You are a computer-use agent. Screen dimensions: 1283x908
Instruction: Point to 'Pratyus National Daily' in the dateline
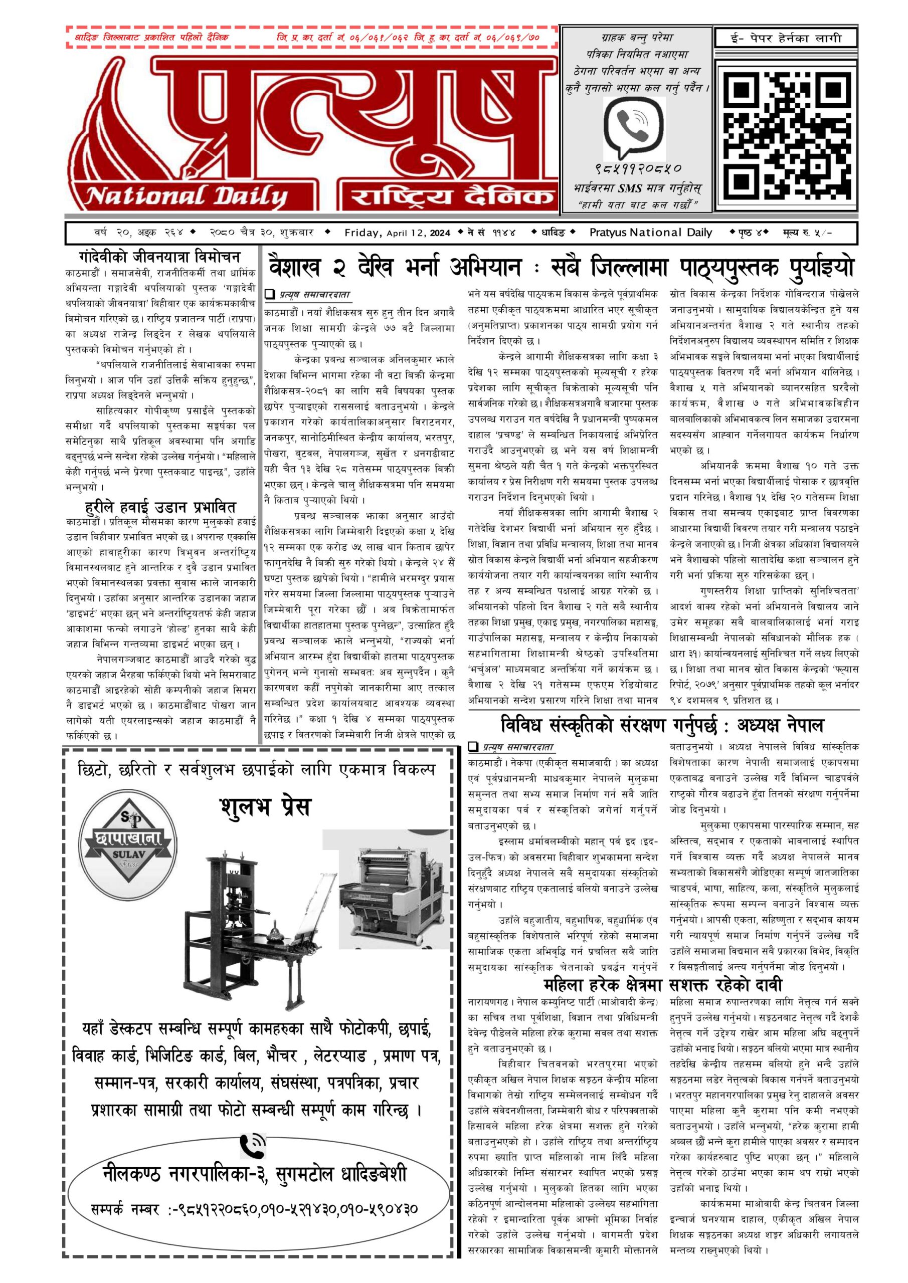pos(651,233)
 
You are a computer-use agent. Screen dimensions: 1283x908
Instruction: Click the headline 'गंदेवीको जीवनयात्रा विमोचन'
pos(159,258)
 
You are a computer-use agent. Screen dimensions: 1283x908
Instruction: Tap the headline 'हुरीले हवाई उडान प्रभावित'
pos(160,507)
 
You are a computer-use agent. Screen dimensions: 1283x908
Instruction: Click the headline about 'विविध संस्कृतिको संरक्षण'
pos(662,725)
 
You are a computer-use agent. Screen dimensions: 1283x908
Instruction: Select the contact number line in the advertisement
pos(254,1209)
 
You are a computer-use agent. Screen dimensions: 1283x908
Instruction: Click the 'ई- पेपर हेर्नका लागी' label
pos(786,38)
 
